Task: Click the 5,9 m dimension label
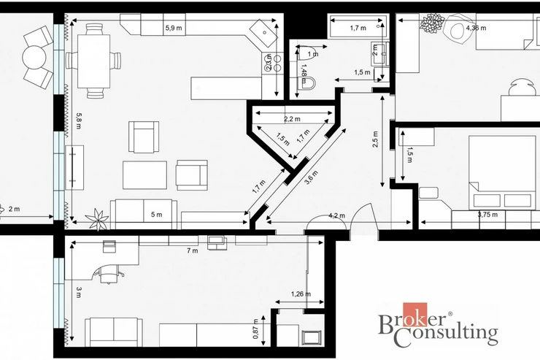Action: [173, 28]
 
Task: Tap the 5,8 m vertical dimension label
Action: [79, 120]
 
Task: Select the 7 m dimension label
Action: [192, 250]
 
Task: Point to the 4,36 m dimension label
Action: [476, 28]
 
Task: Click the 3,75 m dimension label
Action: [487, 215]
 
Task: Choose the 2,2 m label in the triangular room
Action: [292, 119]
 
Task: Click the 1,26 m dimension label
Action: [301, 294]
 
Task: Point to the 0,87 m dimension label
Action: [255, 329]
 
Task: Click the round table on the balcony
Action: [34, 58]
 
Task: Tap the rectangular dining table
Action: [94, 61]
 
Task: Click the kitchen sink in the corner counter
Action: [263, 33]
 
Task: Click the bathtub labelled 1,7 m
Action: [358, 26]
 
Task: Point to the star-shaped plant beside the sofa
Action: [98, 218]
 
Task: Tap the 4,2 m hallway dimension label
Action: [336, 215]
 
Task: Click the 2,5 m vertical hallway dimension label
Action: [375, 139]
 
